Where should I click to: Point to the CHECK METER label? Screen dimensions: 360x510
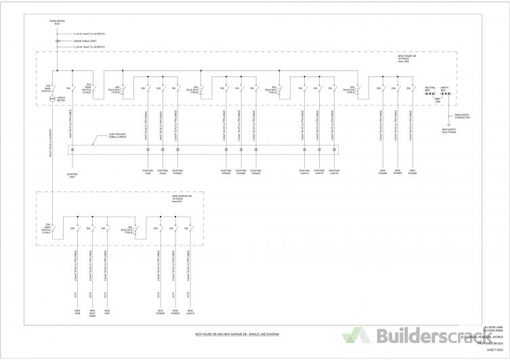pos(61,99)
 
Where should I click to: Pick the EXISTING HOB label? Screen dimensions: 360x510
pos(148,172)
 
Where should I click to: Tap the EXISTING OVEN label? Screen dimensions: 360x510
pos(163,172)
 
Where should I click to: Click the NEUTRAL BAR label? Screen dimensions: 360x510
pos(430,88)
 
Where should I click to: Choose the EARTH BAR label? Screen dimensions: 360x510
pos(444,88)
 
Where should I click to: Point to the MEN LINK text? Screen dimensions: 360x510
pos(438,100)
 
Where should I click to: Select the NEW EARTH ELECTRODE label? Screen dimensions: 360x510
pos(449,131)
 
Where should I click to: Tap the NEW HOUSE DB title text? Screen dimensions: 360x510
pos(406,59)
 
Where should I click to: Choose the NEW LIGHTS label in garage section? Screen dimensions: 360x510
pos(190,313)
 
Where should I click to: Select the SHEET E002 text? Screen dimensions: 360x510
pos(496,351)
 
